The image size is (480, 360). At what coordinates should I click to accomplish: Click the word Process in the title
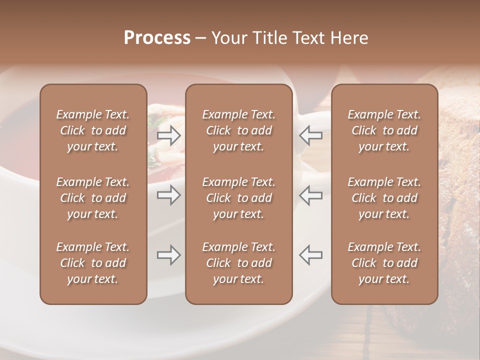pyautogui.click(x=157, y=38)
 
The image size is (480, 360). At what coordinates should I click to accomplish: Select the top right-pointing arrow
pyautogui.click(x=169, y=135)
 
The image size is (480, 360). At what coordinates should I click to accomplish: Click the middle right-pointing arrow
pyautogui.click(x=169, y=195)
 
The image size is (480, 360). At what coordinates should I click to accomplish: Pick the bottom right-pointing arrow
pyautogui.click(x=169, y=255)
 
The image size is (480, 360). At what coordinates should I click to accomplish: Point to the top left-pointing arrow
pyautogui.click(x=310, y=135)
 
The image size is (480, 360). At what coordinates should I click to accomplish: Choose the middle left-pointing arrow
pyautogui.click(x=310, y=195)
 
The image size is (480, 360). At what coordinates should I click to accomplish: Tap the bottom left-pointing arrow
pyautogui.click(x=310, y=255)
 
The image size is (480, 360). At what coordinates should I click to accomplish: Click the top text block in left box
pyautogui.click(x=93, y=130)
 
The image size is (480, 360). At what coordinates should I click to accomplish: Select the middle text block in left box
pyautogui.click(x=93, y=198)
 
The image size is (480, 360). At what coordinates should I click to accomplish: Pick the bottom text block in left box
pyautogui.click(x=93, y=263)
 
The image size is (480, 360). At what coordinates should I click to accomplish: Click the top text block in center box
pyautogui.click(x=239, y=130)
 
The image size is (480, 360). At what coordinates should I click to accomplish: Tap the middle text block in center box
pyautogui.click(x=239, y=198)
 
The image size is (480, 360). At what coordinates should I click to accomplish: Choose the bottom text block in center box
pyautogui.click(x=239, y=263)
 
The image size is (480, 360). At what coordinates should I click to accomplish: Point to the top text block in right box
pyautogui.click(x=384, y=130)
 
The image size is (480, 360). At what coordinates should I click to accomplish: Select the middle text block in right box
pyautogui.click(x=384, y=198)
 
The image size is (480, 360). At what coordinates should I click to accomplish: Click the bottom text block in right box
pyautogui.click(x=384, y=263)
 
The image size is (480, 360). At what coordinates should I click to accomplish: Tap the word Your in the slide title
pyautogui.click(x=229, y=38)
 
